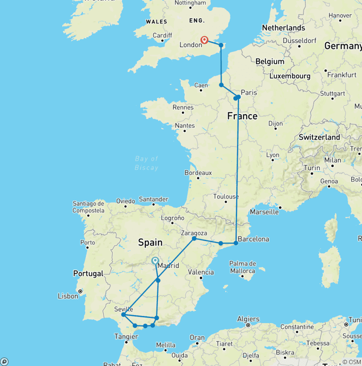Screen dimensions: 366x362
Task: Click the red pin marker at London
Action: pos(205,40)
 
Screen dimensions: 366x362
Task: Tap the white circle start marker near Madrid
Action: pos(155,260)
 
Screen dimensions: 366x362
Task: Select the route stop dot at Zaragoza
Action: pos(194,239)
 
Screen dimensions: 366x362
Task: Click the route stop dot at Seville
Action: pos(123,315)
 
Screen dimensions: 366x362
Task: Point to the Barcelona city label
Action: pos(254,239)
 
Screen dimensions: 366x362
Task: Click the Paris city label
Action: pos(249,92)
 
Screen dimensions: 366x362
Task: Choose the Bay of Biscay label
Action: pos(147,163)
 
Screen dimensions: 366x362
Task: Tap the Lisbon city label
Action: pos(68,296)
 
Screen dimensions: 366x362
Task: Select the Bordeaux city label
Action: pos(198,173)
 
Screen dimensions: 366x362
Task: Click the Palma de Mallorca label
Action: pos(242,267)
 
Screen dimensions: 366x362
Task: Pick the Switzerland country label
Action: pos(319,137)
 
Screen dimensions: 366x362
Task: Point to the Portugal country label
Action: pos(88,274)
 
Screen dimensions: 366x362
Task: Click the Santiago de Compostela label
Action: pos(88,207)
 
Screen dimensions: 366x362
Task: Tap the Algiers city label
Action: pos(248,319)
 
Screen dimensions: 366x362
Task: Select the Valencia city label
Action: pos(200,272)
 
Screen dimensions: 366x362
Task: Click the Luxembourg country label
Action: pos(290,76)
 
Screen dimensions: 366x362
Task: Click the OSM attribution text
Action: pos(353,362)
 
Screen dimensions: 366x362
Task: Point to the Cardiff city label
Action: pos(162,35)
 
